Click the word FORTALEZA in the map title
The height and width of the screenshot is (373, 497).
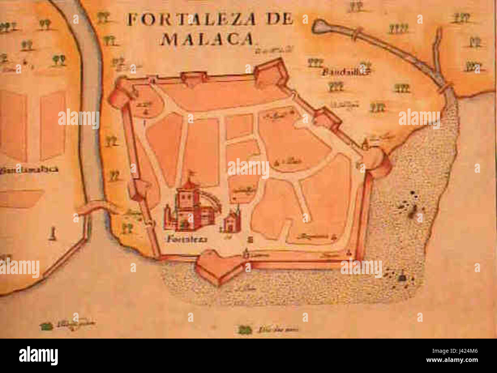(x=192, y=19)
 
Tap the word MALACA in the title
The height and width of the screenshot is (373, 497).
(x=207, y=39)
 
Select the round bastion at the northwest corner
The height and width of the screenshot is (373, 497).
(x=119, y=94)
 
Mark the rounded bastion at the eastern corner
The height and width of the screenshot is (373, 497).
(x=377, y=161)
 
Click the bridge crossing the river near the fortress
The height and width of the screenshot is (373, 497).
(x=94, y=207)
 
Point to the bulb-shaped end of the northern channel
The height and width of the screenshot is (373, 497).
(x=320, y=26)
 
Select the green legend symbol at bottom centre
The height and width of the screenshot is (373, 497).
(x=244, y=329)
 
